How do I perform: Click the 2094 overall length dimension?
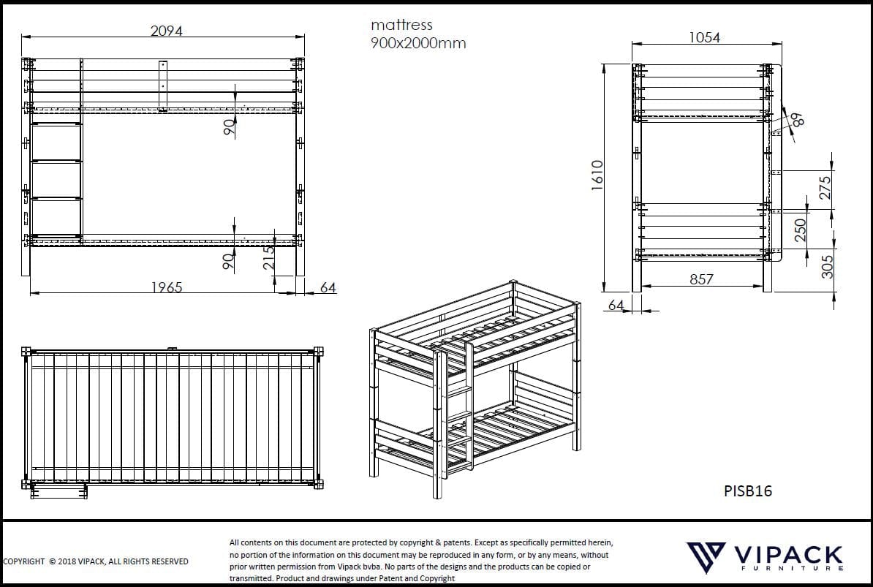click(166, 31)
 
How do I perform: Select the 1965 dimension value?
click(167, 287)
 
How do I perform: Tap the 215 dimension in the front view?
click(269, 258)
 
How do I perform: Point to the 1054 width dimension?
click(704, 37)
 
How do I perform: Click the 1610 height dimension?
click(597, 175)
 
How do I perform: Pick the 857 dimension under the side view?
click(700, 279)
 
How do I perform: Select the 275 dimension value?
click(825, 188)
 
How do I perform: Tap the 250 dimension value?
click(801, 230)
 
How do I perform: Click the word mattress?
click(401, 25)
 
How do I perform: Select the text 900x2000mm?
click(418, 43)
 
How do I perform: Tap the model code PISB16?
click(747, 491)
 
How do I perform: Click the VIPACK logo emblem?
click(705, 556)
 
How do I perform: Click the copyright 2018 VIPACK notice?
click(96, 561)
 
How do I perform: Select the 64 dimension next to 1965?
click(328, 287)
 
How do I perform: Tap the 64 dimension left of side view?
click(616, 304)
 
